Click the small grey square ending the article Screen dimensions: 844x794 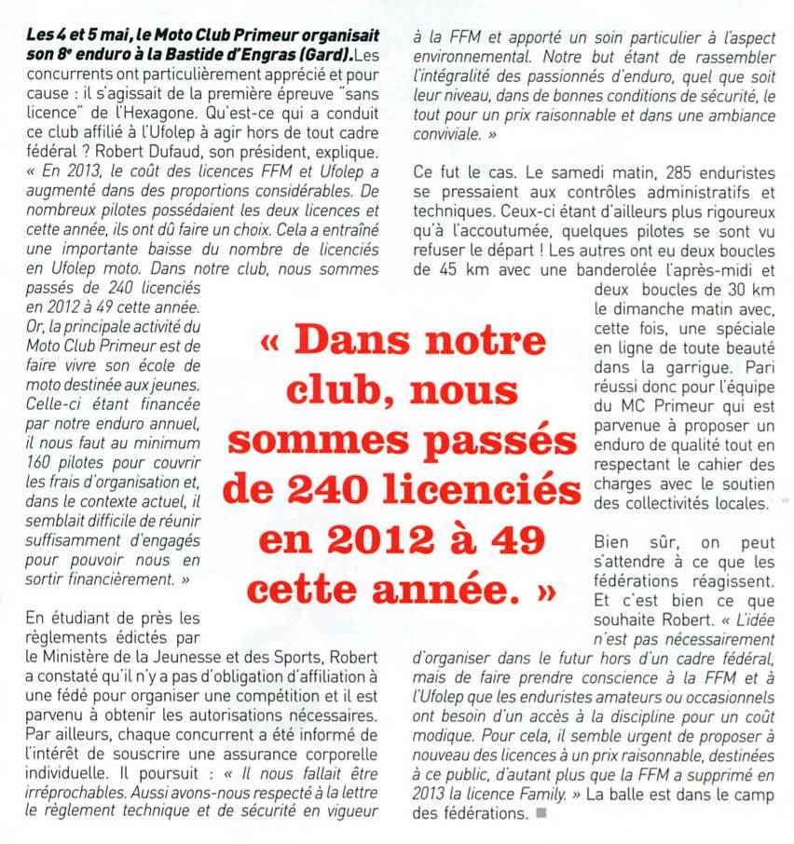point(541,812)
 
